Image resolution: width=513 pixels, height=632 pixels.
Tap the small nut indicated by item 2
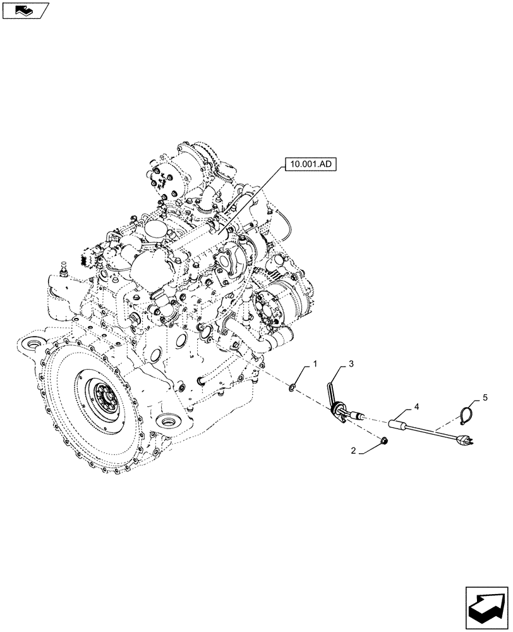(383, 440)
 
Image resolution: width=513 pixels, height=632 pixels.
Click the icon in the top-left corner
(25, 11)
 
